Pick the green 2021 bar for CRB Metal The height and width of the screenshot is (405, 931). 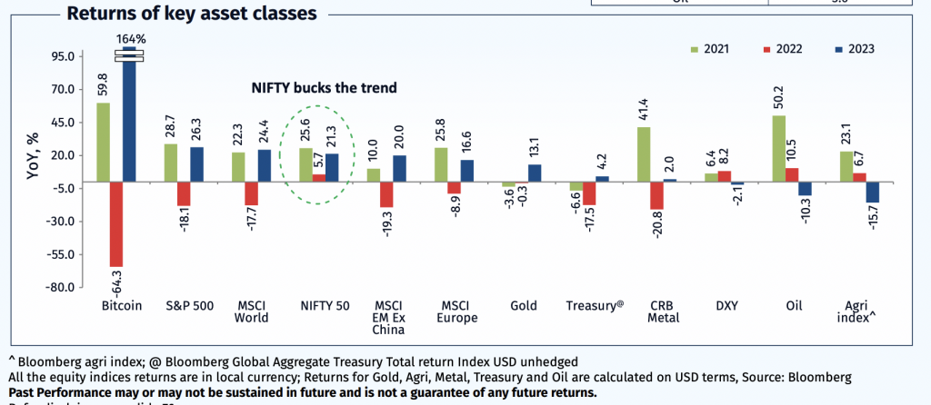(x=644, y=153)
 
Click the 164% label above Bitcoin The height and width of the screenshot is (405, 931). (x=129, y=39)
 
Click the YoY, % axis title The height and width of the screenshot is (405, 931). (x=34, y=155)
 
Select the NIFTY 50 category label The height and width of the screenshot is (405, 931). (x=325, y=307)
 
